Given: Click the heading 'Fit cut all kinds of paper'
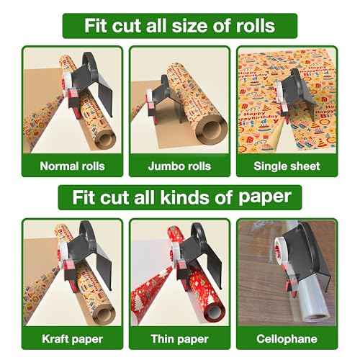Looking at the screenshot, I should pyautogui.click(x=180, y=196).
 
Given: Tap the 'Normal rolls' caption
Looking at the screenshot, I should pyautogui.click(x=72, y=166).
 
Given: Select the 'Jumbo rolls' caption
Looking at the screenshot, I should pyautogui.click(x=179, y=166).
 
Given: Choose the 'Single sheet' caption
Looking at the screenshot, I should pyautogui.click(x=286, y=166).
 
